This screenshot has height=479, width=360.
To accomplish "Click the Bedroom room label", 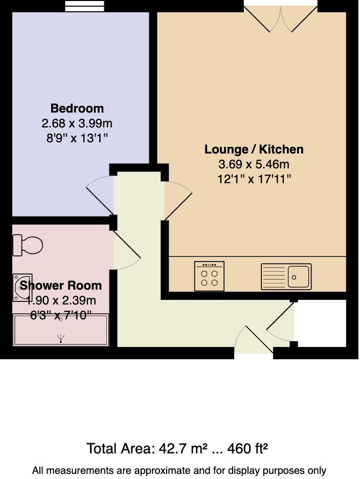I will point(77,108).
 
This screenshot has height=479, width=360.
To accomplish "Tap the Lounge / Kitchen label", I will point(254,149).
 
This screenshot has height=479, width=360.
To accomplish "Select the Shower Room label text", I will point(61,286).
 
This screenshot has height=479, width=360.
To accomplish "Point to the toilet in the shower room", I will point(28,245).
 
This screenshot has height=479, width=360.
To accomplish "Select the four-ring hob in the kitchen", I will point(209,276).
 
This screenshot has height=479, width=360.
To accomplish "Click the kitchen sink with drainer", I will point(285,277).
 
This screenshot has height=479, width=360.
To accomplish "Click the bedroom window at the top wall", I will point(86,6).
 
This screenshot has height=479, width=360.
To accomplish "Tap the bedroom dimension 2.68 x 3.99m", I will point(77,123).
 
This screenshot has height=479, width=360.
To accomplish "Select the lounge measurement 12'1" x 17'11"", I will point(254,179).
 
